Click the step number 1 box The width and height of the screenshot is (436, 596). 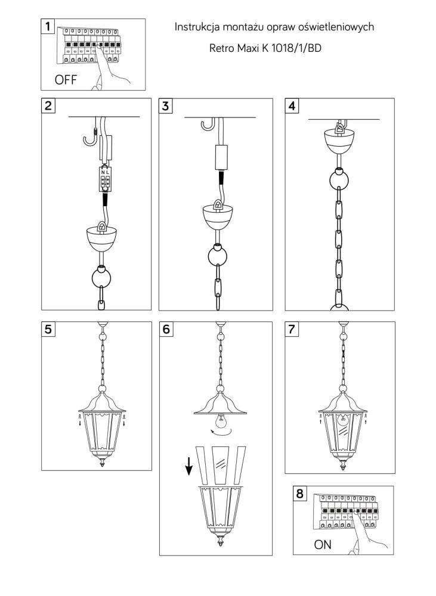[48, 26]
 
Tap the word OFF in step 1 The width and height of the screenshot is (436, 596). [66, 80]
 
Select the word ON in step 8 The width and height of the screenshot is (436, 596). [323, 545]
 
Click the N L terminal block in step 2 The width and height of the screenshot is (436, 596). [105, 179]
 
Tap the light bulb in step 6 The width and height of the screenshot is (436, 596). [220, 421]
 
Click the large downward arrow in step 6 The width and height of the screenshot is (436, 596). [188, 466]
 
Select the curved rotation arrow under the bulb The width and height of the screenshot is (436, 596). [222, 433]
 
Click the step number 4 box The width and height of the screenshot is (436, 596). [292, 105]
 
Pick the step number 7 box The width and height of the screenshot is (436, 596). [292, 329]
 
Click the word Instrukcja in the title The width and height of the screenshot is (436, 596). [197, 27]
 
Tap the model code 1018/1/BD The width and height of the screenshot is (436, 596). [296, 48]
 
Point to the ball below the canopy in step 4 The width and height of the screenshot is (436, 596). [339, 179]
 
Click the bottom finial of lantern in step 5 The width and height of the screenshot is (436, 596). [102, 462]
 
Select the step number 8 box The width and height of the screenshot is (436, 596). [300, 493]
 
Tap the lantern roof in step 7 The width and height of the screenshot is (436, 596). [343, 402]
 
